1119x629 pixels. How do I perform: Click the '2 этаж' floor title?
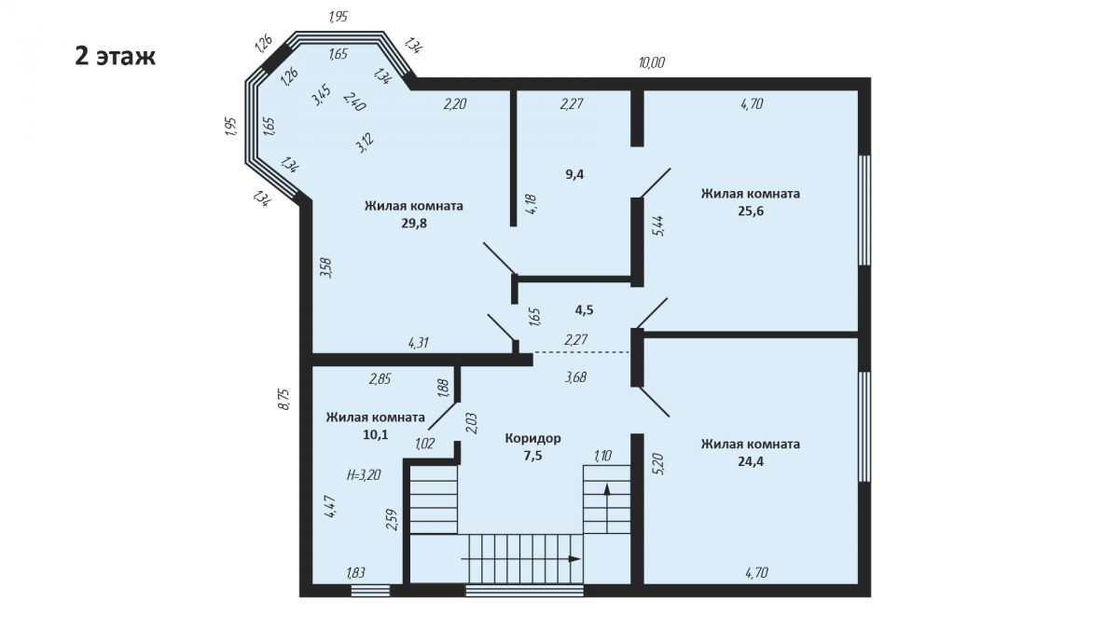(x=115, y=57)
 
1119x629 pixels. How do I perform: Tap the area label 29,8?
(x=414, y=223)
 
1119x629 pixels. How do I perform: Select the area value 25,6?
(x=751, y=211)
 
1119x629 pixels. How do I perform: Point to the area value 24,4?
(x=751, y=461)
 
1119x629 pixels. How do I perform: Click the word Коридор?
(x=533, y=438)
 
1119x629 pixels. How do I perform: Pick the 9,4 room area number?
(x=574, y=174)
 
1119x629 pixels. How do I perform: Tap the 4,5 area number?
(x=584, y=310)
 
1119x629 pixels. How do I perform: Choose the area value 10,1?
(x=376, y=434)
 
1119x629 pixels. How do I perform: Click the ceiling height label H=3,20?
(x=364, y=474)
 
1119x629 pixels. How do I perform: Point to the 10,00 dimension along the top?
(x=652, y=63)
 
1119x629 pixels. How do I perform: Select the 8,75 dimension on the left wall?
(x=283, y=399)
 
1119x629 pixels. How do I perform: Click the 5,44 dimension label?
(x=659, y=226)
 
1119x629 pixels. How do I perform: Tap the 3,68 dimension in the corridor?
(x=575, y=376)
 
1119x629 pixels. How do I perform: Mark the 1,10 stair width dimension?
(x=603, y=456)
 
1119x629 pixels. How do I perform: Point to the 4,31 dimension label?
(x=419, y=343)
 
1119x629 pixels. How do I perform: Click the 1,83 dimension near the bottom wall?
(x=355, y=573)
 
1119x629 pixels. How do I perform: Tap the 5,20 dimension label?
(x=659, y=463)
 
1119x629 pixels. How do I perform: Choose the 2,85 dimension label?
(x=380, y=379)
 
